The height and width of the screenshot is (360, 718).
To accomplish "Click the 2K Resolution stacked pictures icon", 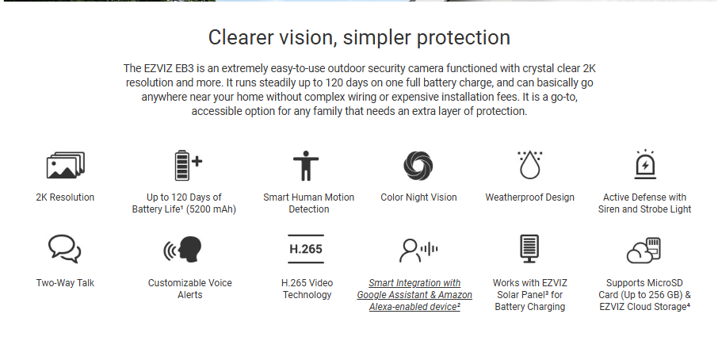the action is pyautogui.click(x=66, y=166).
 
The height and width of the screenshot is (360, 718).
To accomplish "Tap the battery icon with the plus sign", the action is pyautogui.click(x=188, y=166).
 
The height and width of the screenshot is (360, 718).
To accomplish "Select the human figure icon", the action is pyautogui.click(x=305, y=166).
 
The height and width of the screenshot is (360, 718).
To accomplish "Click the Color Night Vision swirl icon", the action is pyautogui.click(x=418, y=166).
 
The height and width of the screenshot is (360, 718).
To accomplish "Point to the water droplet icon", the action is pyautogui.click(x=530, y=165).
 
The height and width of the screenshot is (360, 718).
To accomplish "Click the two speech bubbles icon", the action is pyautogui.click(x=64, y=249).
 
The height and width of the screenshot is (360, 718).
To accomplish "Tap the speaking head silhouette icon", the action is pyautogui.click(x=183, y=249).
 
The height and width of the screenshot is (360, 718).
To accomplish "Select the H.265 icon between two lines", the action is pyautogui.click(x=306, y=249).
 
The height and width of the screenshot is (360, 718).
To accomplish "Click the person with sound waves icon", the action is pyautogui.click(x=418, y=250).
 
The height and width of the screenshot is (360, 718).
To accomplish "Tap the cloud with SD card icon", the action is pyautogui.click(x=644, y=250).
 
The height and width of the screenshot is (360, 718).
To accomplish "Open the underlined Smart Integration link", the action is pyautogui.click(x=414, y=295).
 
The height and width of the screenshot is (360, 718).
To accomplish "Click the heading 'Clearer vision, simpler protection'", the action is pyautogui.click(x=359, y=37).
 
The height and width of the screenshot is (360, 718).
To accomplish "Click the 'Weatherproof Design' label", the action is pyautogui.click(x=530, y=197).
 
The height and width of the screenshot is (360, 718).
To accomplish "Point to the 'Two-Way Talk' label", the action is pyautogui.click(x=65, y=283).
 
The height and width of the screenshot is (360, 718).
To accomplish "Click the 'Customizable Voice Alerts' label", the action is pyautogui.click(x=190, y=289).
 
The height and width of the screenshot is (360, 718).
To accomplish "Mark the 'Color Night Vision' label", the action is pyautogui.click(x=418, y=197).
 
